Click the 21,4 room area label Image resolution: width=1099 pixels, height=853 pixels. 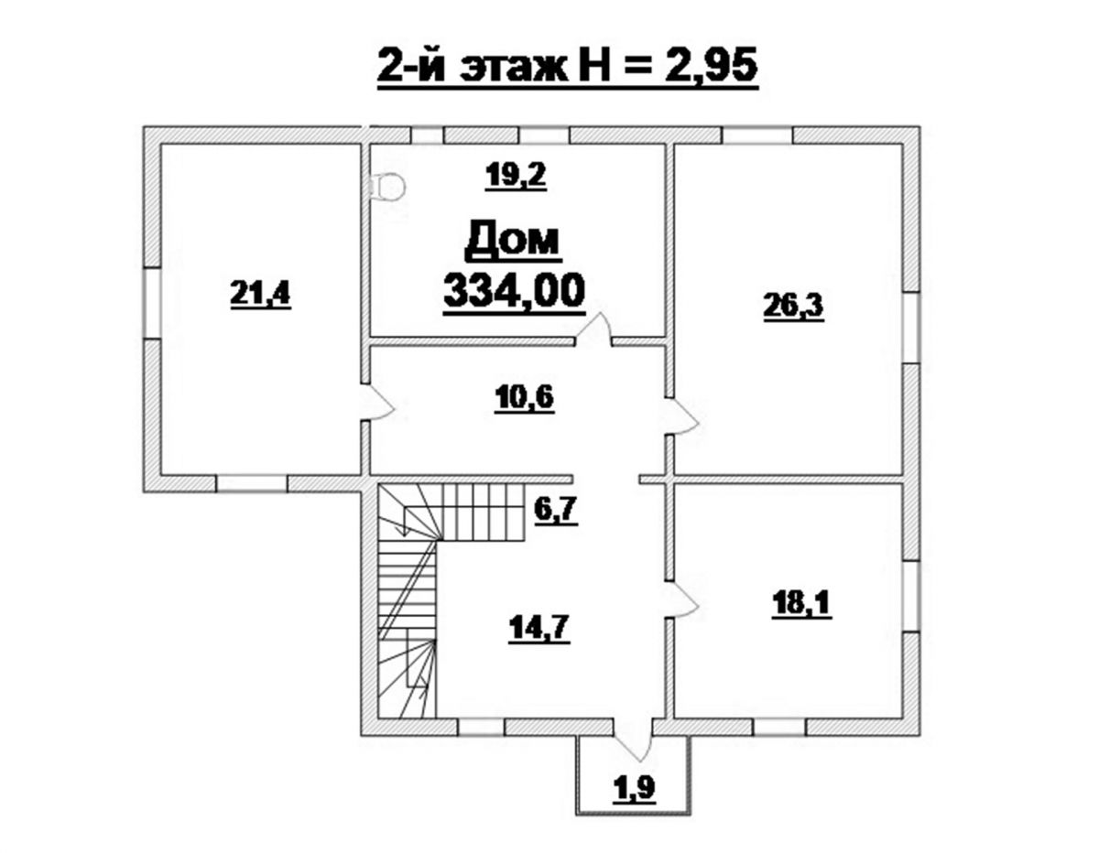point(260,294)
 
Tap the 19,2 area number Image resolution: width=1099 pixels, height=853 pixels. point(516,176)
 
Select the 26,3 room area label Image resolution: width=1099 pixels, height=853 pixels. point(793,307)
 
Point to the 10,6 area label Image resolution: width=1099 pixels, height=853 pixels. point(524,398)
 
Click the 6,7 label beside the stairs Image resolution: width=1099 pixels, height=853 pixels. point(556,510)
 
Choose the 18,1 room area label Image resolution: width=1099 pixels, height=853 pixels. point(801,604)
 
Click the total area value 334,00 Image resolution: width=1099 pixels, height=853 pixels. point(515,292)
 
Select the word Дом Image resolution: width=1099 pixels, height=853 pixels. point(513,240)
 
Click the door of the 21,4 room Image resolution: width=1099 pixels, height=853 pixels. point(376,403)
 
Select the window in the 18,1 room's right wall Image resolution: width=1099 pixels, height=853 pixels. point(912,597)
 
